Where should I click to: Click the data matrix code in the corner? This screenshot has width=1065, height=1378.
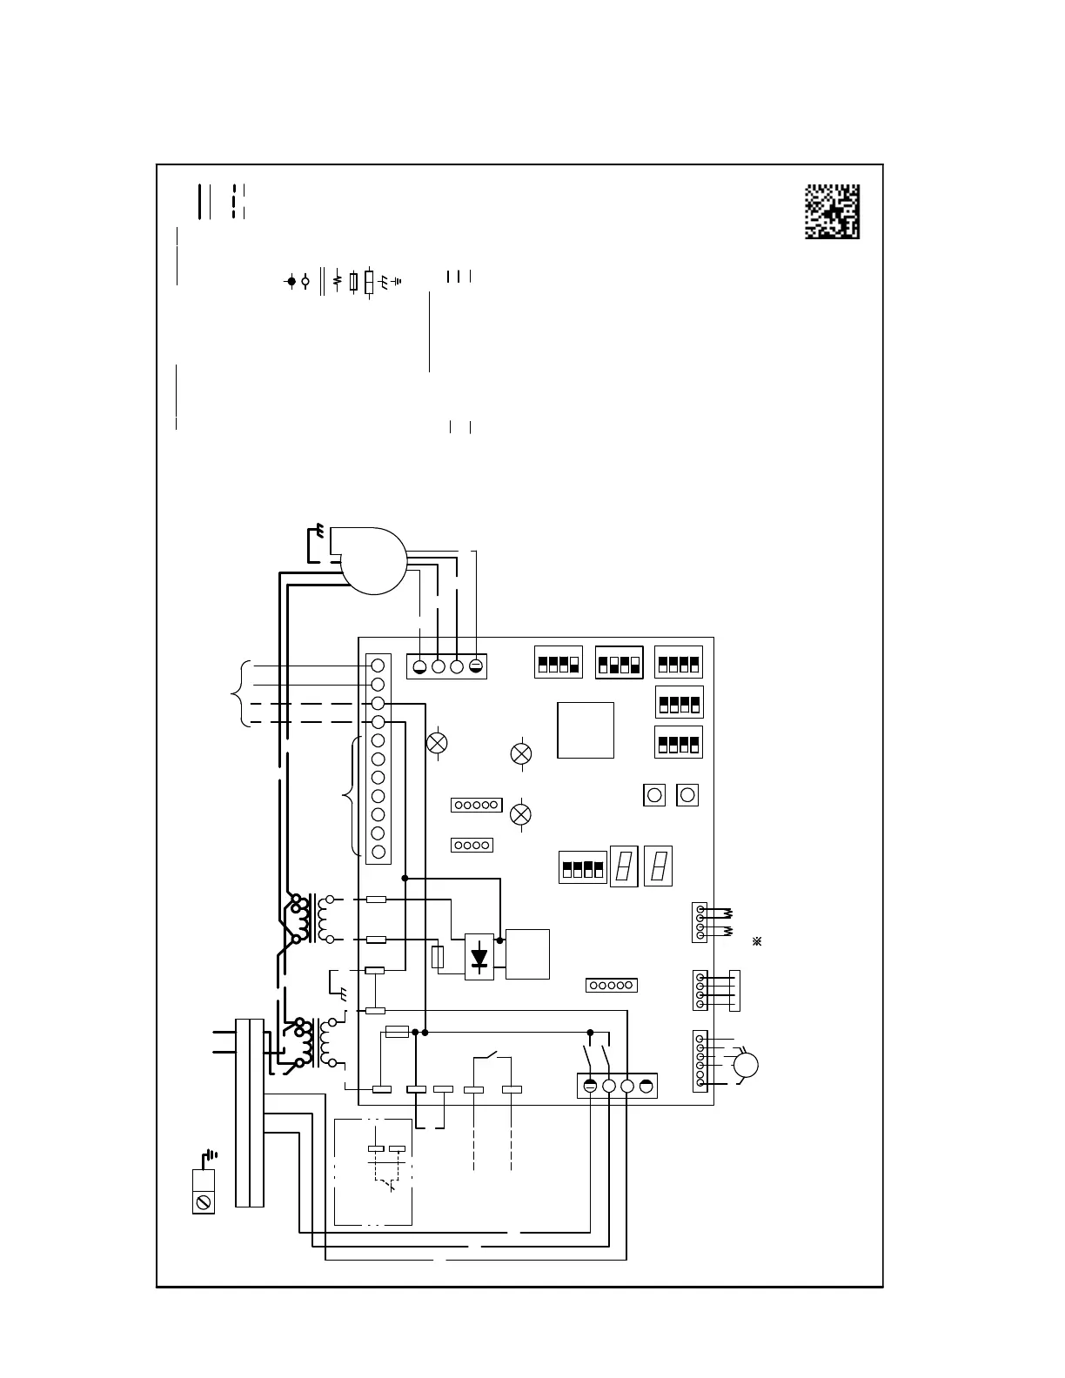coord(831,211)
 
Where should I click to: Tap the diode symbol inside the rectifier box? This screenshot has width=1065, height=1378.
coord(479,957)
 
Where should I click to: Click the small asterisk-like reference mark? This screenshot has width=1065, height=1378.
coord(757,942)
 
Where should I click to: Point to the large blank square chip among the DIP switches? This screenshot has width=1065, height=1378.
coord(586,730)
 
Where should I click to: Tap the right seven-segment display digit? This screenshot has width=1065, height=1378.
coord(659,866)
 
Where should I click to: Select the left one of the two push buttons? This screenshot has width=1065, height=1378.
coord(653,794)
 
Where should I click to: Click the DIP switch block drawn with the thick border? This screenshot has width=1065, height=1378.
coord(619,662)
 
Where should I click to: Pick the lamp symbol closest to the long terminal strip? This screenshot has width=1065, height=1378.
coord(437,743)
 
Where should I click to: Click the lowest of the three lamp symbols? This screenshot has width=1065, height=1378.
coord(520,814)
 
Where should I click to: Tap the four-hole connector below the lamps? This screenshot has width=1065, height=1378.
coord(472,845)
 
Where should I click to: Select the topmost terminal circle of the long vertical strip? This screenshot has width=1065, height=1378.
coord(378,666)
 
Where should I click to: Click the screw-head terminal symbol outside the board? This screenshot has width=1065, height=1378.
coord(203,1202)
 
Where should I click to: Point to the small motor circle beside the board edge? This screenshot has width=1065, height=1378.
coord(746,1065)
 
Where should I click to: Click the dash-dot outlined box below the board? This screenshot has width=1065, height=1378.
coord(373,1171)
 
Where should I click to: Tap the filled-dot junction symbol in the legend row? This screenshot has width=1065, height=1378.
coord(291,282)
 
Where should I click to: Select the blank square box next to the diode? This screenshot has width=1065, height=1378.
coord(527,953)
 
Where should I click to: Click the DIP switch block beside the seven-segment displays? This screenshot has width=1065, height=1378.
coord(582,868)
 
